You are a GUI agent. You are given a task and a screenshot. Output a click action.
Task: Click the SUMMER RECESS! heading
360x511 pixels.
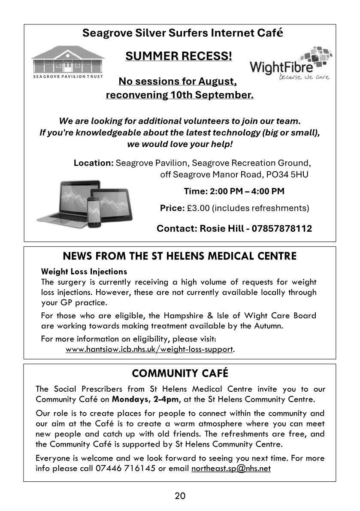[178, 56]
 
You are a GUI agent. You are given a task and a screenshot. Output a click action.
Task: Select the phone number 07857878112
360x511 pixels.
[282, 228]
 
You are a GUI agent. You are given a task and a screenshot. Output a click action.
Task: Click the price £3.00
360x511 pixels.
[198, 208]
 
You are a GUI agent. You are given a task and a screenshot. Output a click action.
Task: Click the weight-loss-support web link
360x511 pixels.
[149, 349]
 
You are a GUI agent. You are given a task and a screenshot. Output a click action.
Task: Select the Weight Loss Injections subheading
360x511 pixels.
[84, 272]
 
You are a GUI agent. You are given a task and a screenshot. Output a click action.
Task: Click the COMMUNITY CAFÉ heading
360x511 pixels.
[180, 374]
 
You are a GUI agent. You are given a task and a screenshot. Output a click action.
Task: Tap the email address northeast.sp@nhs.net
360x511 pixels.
[231, 468]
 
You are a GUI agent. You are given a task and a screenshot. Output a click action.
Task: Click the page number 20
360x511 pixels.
[180, 496]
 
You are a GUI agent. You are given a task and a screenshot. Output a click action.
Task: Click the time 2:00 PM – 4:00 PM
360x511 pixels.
[234, 191]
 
